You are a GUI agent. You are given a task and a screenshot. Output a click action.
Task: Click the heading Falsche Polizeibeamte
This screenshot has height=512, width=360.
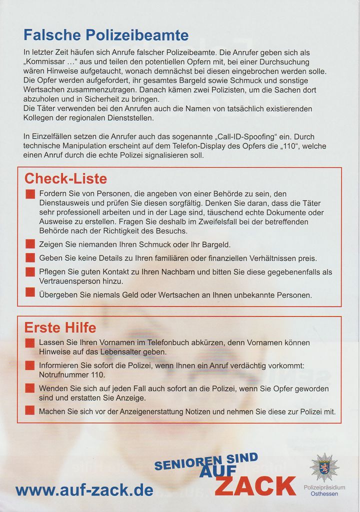pos(106,35)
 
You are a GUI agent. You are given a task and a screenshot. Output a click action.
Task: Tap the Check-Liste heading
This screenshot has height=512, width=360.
pos(65,178)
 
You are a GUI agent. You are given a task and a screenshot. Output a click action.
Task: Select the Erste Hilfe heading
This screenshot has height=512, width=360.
pos(60,328)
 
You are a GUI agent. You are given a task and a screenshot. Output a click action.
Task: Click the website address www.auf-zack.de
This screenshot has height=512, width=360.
pos(84,490)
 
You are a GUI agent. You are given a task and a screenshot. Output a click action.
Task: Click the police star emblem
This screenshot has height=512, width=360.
pos(324,467)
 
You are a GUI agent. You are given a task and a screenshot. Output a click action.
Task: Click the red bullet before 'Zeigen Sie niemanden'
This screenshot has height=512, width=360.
pos(30,244)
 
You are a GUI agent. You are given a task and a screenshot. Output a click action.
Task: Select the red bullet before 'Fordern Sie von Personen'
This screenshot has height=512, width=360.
pos(30,194)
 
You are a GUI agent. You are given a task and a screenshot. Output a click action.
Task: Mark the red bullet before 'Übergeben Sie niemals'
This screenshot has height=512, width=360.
pos(30,295)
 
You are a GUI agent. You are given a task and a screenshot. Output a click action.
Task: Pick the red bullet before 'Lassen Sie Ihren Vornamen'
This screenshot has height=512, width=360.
pos(30,343)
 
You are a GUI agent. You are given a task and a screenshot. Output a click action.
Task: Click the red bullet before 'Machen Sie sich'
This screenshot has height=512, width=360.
pos(30,411)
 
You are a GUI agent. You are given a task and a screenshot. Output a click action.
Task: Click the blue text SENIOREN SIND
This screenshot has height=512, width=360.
pos(206,461)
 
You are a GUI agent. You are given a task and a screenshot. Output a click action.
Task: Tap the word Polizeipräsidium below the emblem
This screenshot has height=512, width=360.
pos(324,487)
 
